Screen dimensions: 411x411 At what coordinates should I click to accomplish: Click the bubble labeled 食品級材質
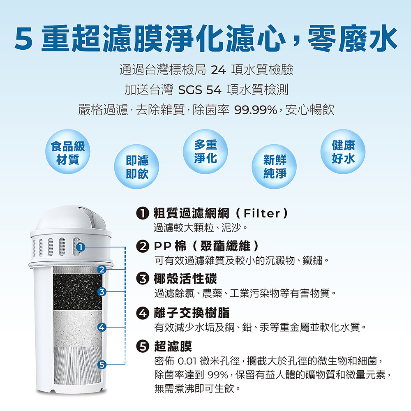68,152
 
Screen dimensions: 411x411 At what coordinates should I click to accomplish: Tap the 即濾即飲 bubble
136,166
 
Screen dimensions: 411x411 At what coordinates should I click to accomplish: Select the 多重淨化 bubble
205,152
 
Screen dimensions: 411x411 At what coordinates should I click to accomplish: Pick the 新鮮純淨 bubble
274,166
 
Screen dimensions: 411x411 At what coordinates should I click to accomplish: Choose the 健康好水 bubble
343,152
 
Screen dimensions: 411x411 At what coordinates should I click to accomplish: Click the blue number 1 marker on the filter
81,247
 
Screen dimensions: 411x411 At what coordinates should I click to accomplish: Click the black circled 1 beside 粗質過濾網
143,214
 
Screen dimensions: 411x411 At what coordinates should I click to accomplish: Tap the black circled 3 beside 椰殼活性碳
143,279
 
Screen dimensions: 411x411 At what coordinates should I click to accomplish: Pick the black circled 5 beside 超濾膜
143,346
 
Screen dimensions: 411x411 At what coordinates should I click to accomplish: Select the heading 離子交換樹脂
192,313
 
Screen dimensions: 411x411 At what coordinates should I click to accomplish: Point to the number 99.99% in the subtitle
256,110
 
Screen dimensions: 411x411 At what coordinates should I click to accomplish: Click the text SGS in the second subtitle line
190,90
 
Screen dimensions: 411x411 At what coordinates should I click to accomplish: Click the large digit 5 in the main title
23,39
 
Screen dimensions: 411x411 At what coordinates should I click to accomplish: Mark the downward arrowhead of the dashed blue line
125,363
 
